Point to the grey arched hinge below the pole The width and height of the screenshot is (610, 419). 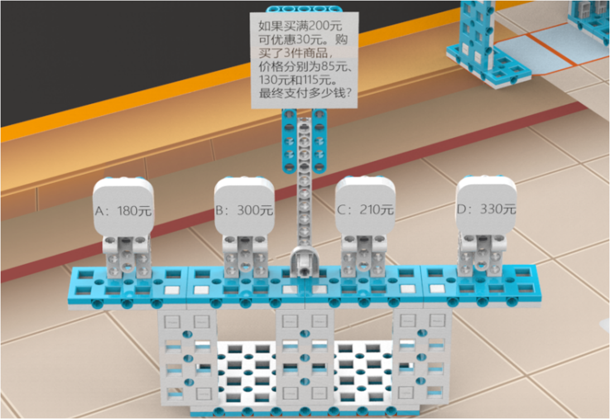[x=304, y=262]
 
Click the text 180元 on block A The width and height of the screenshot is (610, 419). [x=135, y=211]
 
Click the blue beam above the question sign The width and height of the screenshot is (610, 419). [x=304, y=9]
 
